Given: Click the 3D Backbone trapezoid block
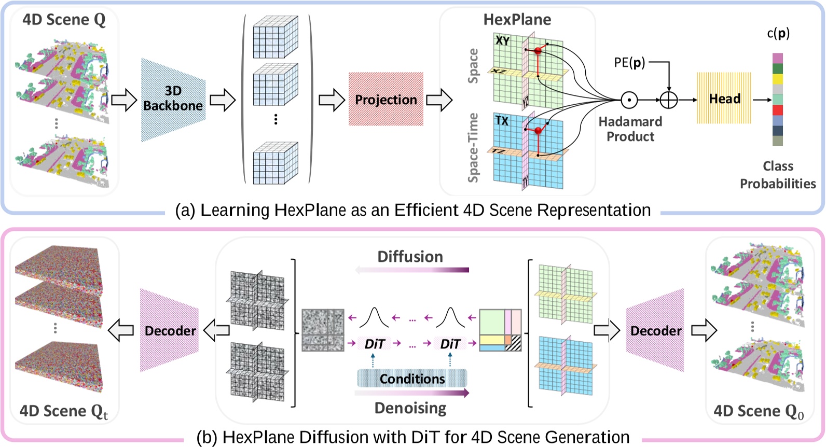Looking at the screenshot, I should (x=173, y=100).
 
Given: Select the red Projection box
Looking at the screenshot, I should (x=386, y=100).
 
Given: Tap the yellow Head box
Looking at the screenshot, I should (x=724, y=99).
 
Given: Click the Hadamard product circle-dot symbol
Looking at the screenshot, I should (x=629, y=100).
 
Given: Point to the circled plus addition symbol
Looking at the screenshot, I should (x=669, y=100).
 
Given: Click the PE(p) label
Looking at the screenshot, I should (x=629, y=63).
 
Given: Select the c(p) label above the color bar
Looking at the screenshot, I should (x=778, y=34).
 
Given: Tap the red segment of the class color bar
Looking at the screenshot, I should (x=777, y=110).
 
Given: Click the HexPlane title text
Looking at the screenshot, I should (x=517, y=20).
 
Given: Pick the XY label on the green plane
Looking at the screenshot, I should (x=502, y=40).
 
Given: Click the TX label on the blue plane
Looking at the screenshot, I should (x=501, y=121).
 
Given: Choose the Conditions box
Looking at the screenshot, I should (x=412, y=379).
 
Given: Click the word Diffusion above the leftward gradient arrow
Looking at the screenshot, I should (x=410, y=257).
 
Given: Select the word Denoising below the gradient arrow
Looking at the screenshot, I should (x=410, y=408).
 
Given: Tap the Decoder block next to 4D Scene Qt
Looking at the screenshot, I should (x=170, y=331).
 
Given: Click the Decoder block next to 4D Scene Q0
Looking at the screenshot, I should (x=655, y=331).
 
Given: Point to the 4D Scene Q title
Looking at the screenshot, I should (x=64, y=20).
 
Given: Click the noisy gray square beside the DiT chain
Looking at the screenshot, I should (x=323, y=330).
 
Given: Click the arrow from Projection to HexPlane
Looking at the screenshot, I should (x=439, y=100).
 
